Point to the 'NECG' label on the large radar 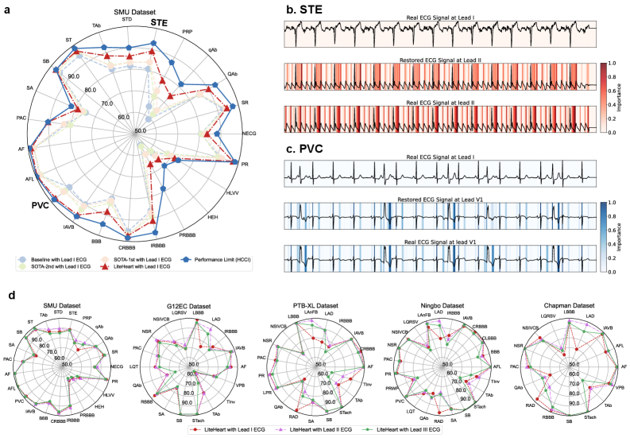[x=249, y=133]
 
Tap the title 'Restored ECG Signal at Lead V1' [x=436, y=200]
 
